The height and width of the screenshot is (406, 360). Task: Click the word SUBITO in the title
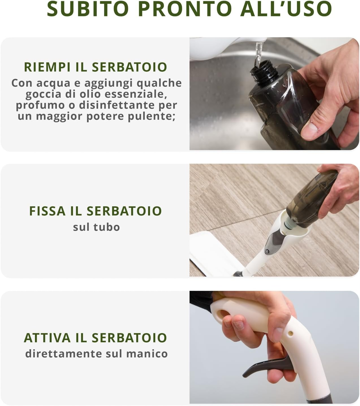(88, 9)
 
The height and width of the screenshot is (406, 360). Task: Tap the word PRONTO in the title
(185, 9)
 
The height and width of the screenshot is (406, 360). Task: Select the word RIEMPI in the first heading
(47, 67)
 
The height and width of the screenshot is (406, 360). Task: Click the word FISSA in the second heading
(47, 211)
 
